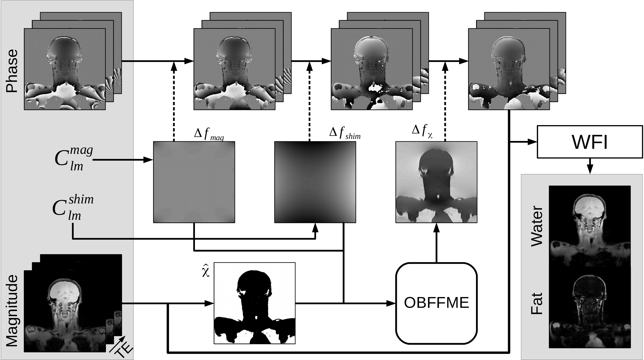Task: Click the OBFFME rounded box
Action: (x=436, y=303)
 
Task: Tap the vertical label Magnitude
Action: (x=12, y=311)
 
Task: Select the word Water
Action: (x=537, y=226)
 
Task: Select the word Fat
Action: (x=537, y=303)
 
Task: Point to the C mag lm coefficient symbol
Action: (x=73, y=159)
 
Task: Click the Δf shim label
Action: (x=345, y=133)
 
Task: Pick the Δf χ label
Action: (x=422, y=131)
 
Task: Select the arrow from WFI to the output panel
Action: (x=590, y=166)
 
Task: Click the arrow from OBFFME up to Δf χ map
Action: (x=436, y=242)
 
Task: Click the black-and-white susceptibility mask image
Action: (x=254, y=303)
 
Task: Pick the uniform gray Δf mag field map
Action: (x=194, y=182)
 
